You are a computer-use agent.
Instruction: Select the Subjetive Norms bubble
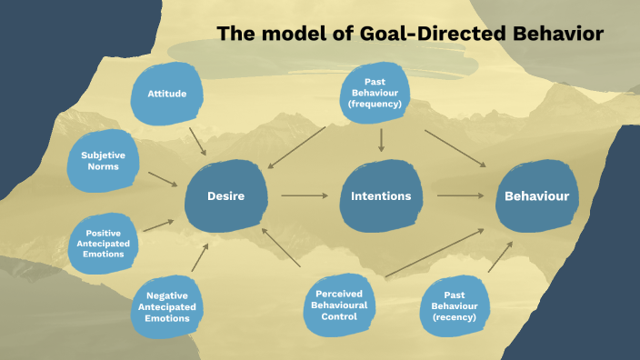pyautogui.click(x=103, y=162)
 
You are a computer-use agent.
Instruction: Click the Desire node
pyautogui.click(x=225, y=195)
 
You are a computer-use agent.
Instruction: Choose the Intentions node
pyautogui.click(x=380, y=195)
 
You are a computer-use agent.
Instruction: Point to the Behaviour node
pyautogui.click(x=536, y=195)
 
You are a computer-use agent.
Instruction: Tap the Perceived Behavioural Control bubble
pyautogui.click(x=341, y=301)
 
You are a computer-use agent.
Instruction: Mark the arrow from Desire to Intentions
pyautogui.click(x=303, y=195)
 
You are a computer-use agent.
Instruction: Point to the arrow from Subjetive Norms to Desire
pyautogui.click(x=164, y=179)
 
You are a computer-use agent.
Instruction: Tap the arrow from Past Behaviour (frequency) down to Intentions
pyautogui.click(x=381, y=139)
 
